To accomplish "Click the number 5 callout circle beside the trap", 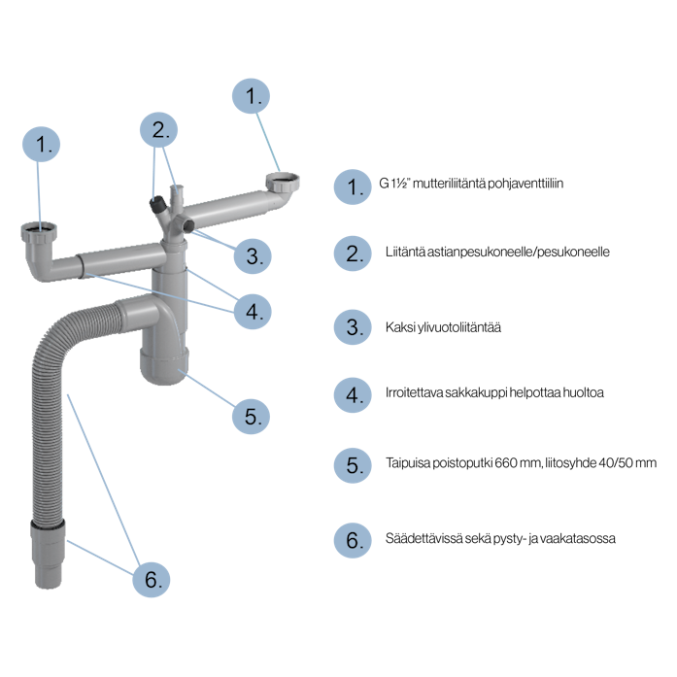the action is pos(251,417).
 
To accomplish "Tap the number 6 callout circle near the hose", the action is pos(152,580).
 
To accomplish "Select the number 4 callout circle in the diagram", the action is pos(253,311).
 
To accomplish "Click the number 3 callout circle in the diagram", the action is pos(253,256).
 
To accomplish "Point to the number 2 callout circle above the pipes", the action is pos(159,130).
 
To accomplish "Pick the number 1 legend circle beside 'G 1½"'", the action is pos(353,186).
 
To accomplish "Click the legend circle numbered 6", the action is pos(353,540).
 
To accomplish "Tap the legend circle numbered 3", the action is pos(353,326).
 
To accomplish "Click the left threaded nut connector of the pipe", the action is pos(39,232).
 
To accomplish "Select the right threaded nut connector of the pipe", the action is pos(283,183).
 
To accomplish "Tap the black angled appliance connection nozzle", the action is pos(157,204).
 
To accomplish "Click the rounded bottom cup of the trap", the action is pos(164,366).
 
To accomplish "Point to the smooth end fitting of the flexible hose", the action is pos(48,555).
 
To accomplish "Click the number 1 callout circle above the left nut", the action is pos(41,144).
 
